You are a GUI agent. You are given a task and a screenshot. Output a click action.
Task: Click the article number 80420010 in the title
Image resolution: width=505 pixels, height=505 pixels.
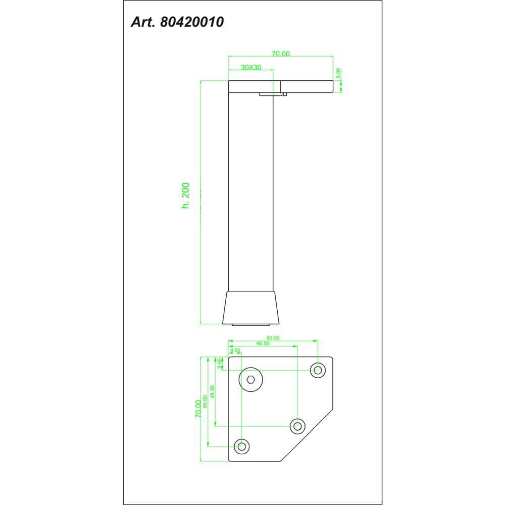pyautogui.click(x=192, y=22)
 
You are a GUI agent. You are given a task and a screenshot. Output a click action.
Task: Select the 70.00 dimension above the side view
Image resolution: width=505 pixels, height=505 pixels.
pyautogui.click(x=281, y=54)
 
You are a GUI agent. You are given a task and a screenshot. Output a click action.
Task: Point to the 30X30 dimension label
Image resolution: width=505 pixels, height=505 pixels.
pyautogui.click(x=251, y=67)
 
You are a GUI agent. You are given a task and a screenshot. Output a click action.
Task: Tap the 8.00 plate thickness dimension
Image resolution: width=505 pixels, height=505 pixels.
pyautogui.click(x=338, y=73)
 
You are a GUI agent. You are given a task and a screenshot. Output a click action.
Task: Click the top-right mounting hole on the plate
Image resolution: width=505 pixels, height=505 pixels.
pyautogui.click(x=318, y=370)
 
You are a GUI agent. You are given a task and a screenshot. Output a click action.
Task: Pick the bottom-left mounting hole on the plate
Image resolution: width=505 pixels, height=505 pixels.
pyautogui.click(x=242, y=446)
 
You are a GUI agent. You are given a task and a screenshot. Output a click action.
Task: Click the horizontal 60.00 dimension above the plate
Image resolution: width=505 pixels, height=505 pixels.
pyautogui.click(x=273, y=338)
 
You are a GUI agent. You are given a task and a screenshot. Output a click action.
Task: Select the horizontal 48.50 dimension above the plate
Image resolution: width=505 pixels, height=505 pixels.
pyautogui.click(x=263, y=343)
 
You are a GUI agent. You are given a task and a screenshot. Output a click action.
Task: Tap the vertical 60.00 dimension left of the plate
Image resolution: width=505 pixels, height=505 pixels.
pyautogui.click(x=205, y=401)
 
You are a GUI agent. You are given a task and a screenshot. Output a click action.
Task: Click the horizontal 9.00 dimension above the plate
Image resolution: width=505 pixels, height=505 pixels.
pyautogui.click(x=235, y=349)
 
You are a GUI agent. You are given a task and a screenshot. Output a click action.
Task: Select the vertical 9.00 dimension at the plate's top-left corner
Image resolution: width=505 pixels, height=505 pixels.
pyautogui.click(x=220, y=363)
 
